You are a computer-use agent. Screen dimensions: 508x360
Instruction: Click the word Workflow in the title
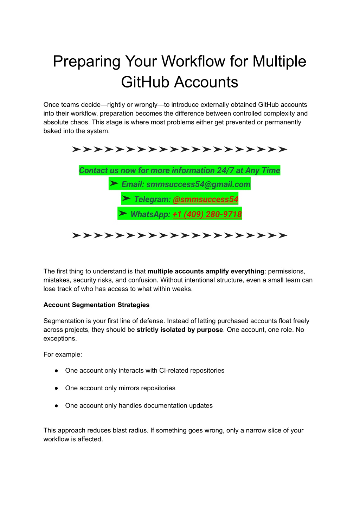point(194,61)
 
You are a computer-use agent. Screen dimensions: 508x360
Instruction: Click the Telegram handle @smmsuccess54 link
point(205,200)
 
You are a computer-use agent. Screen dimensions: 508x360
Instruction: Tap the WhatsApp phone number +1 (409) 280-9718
point(207,214)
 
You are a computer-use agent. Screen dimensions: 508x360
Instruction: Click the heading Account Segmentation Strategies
point(96,305)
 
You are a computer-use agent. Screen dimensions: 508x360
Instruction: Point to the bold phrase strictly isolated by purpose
point(180,330)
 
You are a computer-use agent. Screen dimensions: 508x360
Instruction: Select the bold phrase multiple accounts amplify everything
point(206,271)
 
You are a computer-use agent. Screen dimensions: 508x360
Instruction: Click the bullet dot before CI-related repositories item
point(56,371)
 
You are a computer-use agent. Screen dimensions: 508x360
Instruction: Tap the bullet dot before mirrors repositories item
point(56,388)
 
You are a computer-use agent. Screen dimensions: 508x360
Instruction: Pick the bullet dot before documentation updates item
point(56,406)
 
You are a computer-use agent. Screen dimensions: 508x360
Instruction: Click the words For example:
point(63,354)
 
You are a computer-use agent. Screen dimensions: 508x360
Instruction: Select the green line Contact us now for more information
point(179,171)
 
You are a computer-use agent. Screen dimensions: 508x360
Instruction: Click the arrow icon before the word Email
point(114,184)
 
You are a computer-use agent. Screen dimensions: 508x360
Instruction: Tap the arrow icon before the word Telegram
point(126,199)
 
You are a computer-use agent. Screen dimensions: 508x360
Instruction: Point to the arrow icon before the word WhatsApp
point(123,214)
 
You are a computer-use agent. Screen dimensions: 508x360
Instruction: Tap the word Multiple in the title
point(279,61)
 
